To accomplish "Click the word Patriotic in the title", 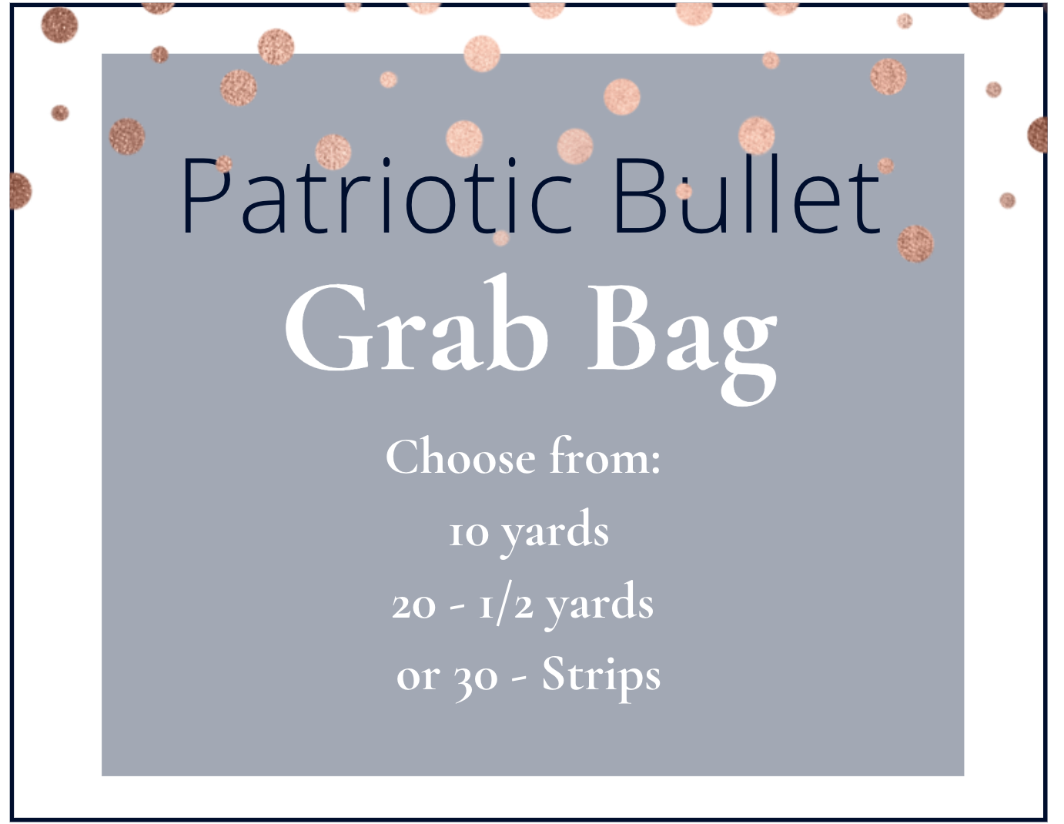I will coord(377,196).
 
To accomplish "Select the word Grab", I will coord(416,327).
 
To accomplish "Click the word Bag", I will coord(681,335).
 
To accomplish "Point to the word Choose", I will coord(460,457).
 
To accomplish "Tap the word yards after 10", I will coord(555,531).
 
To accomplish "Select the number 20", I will coord(414,605).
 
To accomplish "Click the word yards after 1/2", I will coord(600,605).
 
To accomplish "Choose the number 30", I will coord(475,678).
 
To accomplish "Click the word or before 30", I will coord(417,678).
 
